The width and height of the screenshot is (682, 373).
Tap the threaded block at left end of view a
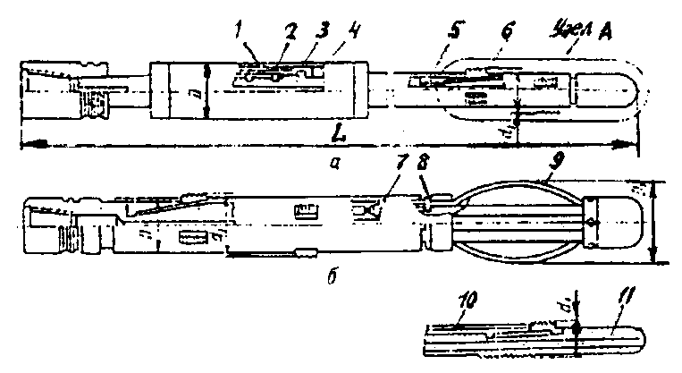point(94,107)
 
